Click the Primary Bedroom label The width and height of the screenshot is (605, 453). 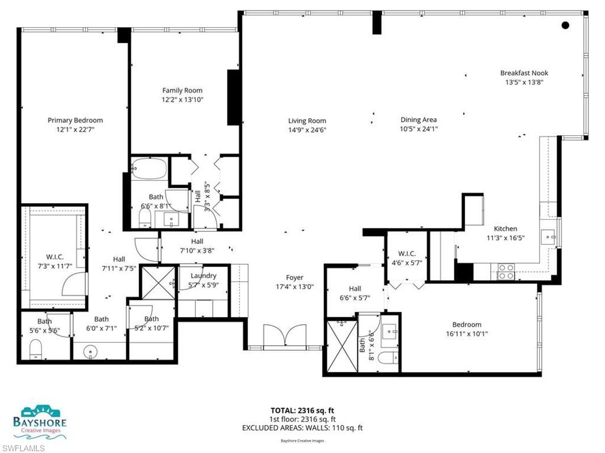[75, 120]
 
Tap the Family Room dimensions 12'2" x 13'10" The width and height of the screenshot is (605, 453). [183, 100]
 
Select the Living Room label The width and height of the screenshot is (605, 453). [307, 121]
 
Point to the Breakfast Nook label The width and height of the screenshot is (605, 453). [524, 73]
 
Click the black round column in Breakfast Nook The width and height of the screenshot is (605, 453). [565, 25]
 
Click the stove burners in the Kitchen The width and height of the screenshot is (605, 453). [506, 271]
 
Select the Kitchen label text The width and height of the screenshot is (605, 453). [505, 229]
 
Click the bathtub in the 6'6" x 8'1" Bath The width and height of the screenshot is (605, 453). [149, 169]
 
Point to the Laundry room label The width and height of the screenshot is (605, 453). [203, 276]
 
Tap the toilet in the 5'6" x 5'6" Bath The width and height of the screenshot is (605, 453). [35, 350]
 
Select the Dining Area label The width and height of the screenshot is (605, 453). [418, 120]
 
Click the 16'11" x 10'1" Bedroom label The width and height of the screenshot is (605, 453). [467, 324]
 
